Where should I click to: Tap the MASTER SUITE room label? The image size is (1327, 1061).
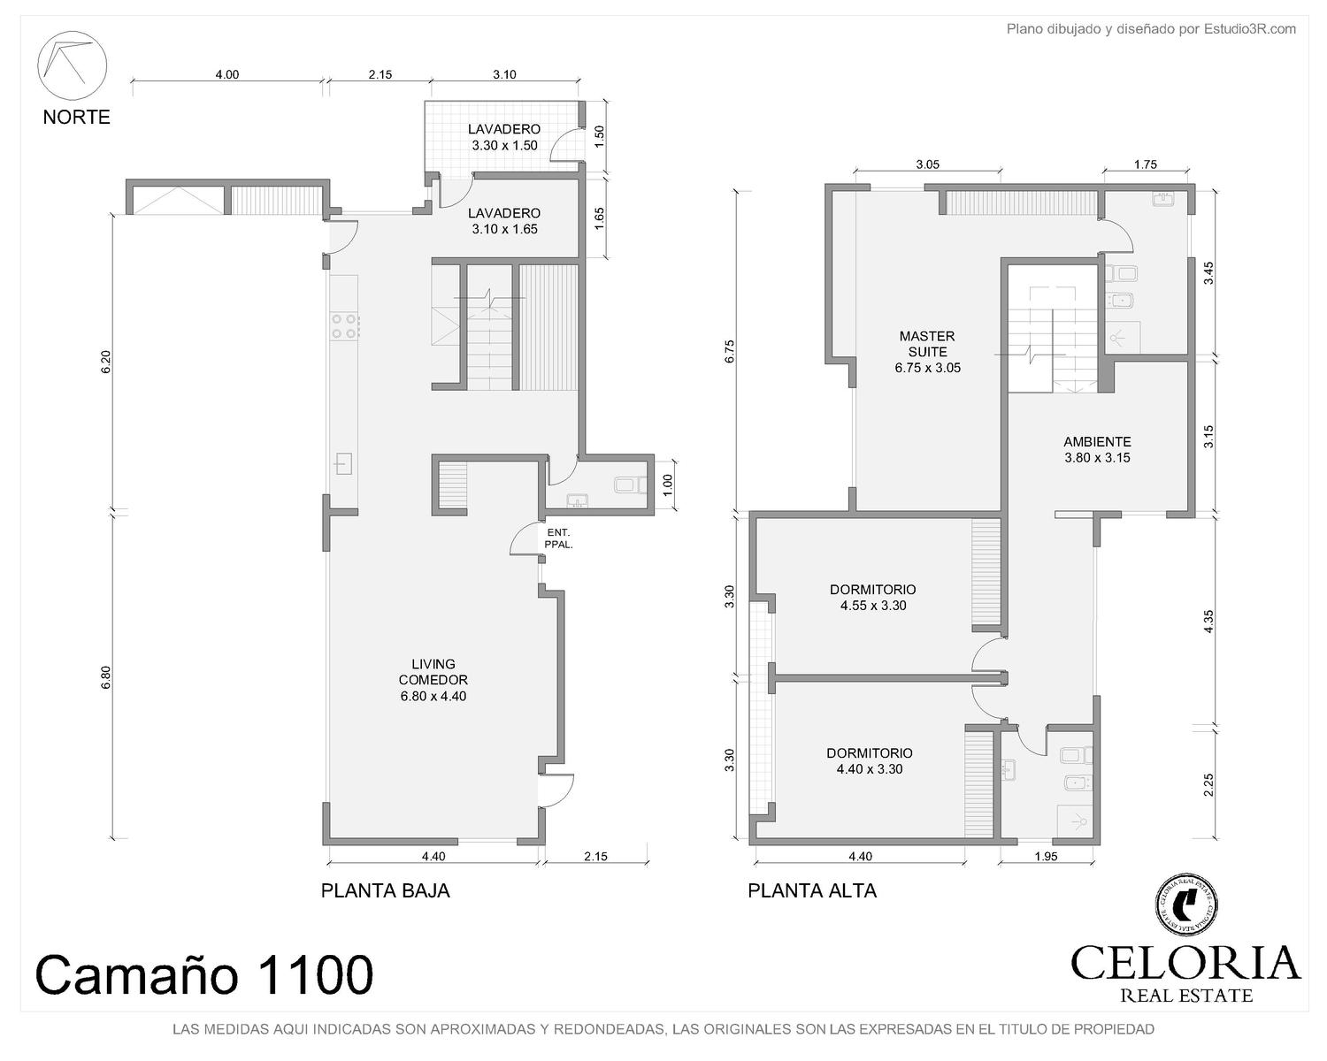[x=927, y=344]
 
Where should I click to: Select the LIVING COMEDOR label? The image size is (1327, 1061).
[x=433, y=671]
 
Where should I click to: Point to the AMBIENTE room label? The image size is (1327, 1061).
[x=1097, y=441]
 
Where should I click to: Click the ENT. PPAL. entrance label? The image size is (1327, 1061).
[x=559, y=538]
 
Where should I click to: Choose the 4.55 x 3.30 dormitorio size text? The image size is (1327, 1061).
[x=873, y=606]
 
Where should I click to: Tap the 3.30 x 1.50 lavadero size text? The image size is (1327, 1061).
[x=504, y=146]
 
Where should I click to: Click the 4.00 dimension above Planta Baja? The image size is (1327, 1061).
[x=227, y=74]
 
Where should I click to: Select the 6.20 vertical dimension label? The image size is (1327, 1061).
[x=106, y=362]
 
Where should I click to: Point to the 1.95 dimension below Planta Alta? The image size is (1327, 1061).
[x=1046, y=857]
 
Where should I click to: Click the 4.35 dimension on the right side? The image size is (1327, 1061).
[x=1208, y=621]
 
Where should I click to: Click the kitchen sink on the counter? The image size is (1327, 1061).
[x=343, y=463]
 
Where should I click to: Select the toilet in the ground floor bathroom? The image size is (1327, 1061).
[x=630, y=485]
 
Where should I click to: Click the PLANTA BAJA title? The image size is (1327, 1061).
[x=386, y=891]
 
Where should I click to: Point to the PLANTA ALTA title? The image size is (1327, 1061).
[x=812, y=891]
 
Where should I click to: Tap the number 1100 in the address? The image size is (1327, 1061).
[x=317, y=974]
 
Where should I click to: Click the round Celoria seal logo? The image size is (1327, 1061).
[x=1185, y=905]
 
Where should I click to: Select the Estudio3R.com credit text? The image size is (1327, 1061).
[x=1250, y=29]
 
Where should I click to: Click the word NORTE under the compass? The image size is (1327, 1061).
[x=76, y=117]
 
